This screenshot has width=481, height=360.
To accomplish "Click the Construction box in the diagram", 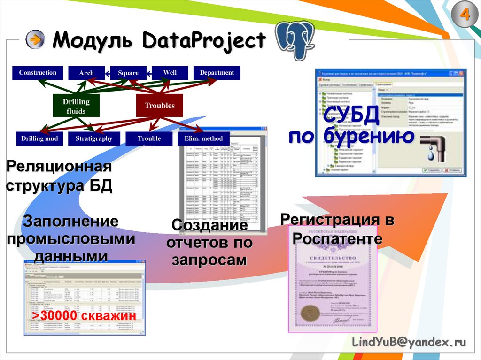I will (38, 73).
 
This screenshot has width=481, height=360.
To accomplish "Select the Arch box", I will (86, 73).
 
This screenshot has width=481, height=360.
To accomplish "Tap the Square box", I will (128, 73).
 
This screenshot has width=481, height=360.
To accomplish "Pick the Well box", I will (170, 73).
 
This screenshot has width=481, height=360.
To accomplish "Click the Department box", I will (217, 73).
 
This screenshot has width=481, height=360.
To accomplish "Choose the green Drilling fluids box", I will (76, 106).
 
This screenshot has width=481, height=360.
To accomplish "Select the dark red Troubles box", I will (159, 106).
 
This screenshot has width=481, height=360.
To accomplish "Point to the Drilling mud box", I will (39, 138).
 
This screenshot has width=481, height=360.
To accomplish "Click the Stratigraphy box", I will (94, 138).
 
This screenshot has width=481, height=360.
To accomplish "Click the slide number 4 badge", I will (465, 15).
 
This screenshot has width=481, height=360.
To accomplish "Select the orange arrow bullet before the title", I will (35, 40).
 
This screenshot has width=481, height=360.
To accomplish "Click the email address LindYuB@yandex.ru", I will (409, 343).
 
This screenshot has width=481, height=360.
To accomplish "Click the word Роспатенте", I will (337, 238).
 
